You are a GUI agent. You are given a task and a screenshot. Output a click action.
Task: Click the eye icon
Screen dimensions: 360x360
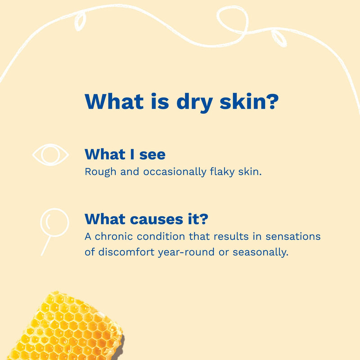(x=51, y=155)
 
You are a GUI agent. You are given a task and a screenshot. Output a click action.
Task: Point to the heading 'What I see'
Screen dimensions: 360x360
(x=125, y=155)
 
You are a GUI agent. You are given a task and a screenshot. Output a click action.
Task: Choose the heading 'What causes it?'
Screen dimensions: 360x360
(x=146, y=220)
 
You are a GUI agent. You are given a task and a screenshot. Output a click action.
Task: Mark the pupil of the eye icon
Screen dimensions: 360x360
(x=51, y=155)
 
